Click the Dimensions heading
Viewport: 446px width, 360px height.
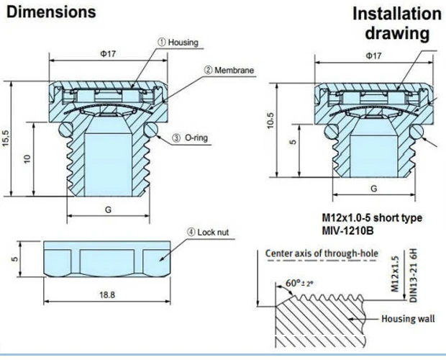(x=51, y=12)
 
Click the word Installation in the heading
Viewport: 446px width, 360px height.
(x=397, y=14)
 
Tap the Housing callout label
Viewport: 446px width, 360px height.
(x=178, y=42)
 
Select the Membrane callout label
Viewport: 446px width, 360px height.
(x=229, y=70)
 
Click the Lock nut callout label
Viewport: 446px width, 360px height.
(x=208, y=233)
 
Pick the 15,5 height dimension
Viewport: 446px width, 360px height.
(x=6, y=138)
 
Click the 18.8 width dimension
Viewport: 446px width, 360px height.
(x=107, y=294)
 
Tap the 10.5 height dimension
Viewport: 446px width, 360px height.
(x=270, y=121)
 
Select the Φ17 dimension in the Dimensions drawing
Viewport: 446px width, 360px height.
(x=108, y=53)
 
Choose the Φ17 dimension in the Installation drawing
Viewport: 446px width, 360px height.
(x=373, y=55)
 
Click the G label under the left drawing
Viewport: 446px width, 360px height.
(x=108, y=210)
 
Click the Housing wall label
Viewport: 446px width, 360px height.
(x=408, y=318)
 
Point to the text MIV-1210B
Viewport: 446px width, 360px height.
(x=347, y=230)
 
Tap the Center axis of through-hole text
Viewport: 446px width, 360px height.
(x=322, y=253)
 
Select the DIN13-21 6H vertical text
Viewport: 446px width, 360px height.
(x=413, y=276)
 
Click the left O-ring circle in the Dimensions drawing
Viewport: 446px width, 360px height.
(x=65, y=129)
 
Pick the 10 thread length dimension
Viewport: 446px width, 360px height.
(x=27, y=159)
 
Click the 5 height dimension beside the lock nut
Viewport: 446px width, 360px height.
(x=16, y=258)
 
